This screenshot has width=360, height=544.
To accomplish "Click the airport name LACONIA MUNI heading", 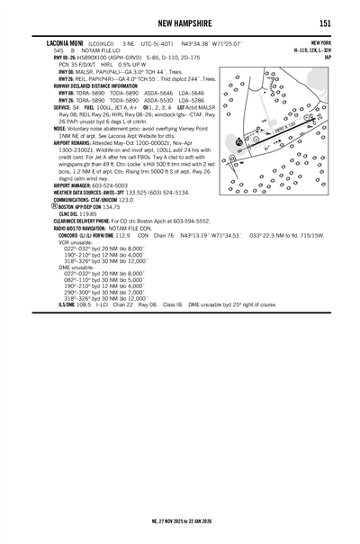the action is click(66, 42).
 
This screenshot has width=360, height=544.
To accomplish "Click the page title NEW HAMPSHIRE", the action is click(180, 23).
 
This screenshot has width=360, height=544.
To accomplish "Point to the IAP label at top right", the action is click(327, 57).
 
